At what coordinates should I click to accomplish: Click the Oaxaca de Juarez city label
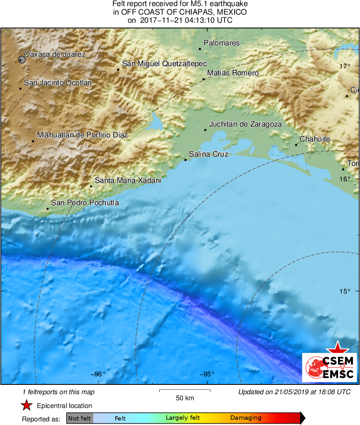click(55, 54)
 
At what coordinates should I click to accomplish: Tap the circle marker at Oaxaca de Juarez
click(21, 60)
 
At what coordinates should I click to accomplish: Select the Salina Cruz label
click(208, 154)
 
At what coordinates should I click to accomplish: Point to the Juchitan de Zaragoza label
click(245, 124)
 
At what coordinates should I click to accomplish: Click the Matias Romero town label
click(233, 73)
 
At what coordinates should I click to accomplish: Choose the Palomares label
click(221, 43)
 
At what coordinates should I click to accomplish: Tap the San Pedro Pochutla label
click(85, 203)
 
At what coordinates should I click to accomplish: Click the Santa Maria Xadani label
click(128, 180)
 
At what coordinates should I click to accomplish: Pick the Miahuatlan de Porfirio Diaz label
click(82, 135)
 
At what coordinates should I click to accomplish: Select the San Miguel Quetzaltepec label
click(164, 64)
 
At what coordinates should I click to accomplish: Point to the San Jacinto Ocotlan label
click(58, 83)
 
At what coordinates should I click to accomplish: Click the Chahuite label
click(315, 139)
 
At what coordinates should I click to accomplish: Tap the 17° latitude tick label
click(345, 66)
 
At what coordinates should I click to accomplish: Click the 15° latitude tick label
click(345, 291)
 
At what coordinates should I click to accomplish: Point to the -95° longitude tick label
click(206, 374)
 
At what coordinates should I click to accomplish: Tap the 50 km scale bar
click(185, 391)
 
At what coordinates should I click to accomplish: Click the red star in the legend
click(27, 406)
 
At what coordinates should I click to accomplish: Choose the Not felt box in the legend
click(79, 418)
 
